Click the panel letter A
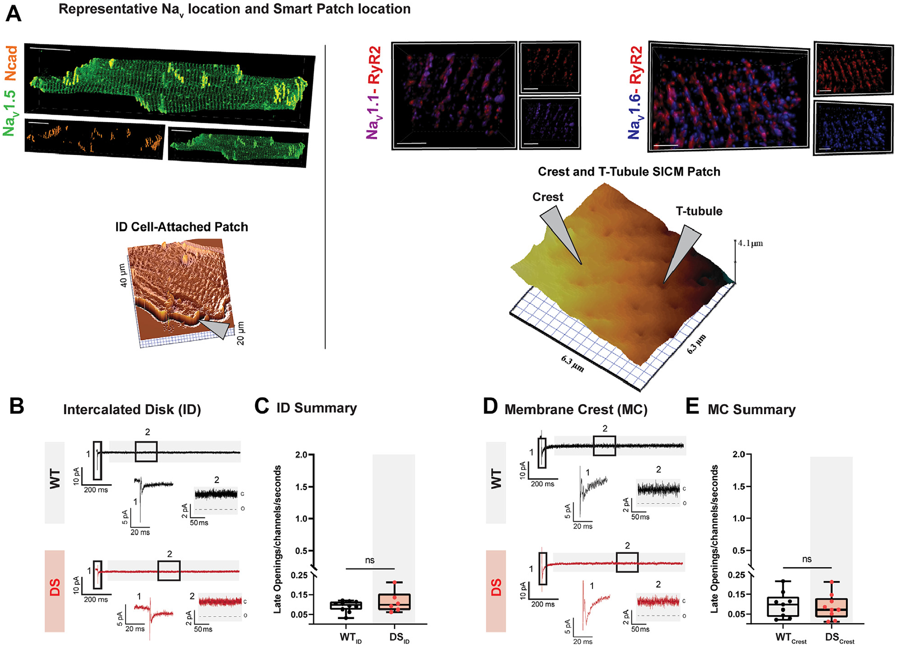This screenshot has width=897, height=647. tap(13, 13)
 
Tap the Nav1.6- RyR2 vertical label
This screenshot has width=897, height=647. tap(635, 93)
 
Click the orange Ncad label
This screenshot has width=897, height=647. tap(10, 63)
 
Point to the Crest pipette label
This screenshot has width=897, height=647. tap(548, 197)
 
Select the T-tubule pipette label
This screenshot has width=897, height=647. tap(699, 211)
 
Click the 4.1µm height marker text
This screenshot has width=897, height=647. tap(750, 243)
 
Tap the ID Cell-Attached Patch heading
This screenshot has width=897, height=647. tap(181, 227)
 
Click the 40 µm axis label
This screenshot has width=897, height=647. tap(123, 275)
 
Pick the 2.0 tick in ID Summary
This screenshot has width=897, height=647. tap(300, 455)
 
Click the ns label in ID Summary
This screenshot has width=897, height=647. tap(370, 560)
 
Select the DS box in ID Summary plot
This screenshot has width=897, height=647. tap(394, 601)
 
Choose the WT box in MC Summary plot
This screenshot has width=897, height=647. tap(783, 607)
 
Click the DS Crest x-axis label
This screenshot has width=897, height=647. tap(839, 638)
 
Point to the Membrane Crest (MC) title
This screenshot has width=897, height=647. tap(576, 410)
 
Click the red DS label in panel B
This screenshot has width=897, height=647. tap(55, 588)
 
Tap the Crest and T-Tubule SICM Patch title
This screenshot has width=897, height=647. tap(629, 172)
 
